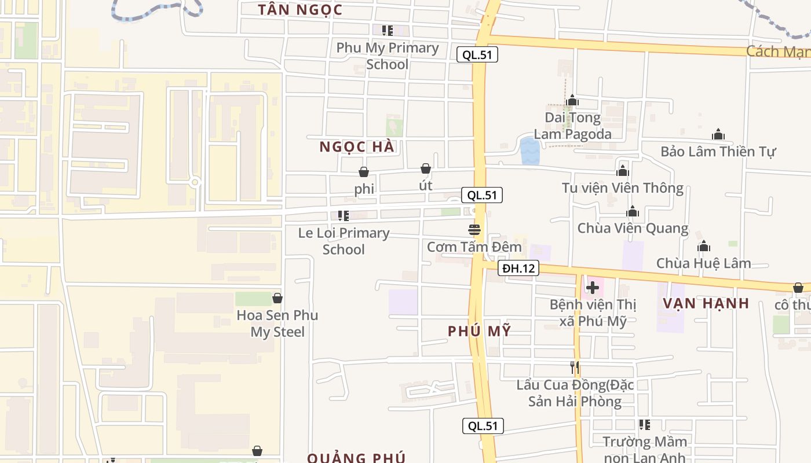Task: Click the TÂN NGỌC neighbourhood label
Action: coord(300,9)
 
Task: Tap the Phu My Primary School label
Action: coord(387,56)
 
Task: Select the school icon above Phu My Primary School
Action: coord(387,30)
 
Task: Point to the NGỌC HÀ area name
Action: coord(357,147)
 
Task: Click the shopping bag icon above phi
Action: coord(364,172)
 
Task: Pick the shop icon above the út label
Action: coord(426,168)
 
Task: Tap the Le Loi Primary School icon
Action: coord(344,216)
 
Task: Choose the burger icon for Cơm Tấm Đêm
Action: coord(474,230)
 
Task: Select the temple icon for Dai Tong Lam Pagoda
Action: coord(572,101)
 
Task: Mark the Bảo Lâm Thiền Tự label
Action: coord(718,152)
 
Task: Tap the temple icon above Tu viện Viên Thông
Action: coord(623,171)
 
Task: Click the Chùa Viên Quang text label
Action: coord(633,228)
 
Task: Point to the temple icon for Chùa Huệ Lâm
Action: coord(704,247)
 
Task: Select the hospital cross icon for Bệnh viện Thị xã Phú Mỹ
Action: coord(593,287)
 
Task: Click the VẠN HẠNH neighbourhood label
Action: coord(706,303)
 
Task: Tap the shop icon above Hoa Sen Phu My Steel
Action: coord(277,298)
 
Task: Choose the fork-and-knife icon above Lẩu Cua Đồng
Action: coord(575,367)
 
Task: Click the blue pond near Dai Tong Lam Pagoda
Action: coord(529,150)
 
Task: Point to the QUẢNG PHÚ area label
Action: coord(356,458)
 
